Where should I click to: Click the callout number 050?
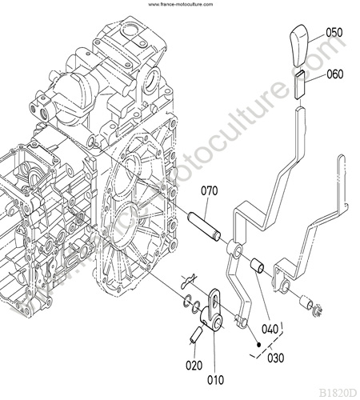pos(334,33)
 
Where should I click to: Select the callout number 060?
pos(335,74)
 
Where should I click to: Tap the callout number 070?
pos(210,191)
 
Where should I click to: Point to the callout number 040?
pos(270,329)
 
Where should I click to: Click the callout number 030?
pos(276,358)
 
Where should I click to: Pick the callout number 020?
pos(194,366)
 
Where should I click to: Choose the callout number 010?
pos(215,380)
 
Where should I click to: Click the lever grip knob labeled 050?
pos(298,46)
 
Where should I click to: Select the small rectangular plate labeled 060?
pos(300,85)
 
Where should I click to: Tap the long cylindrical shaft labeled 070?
pos(205,226)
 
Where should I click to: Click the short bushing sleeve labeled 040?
pos(258,266)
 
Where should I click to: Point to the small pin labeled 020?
pos(196,334)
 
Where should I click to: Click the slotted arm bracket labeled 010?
pos(212,310)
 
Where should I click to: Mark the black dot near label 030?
pos(258,345)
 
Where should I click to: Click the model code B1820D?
pos(338,393)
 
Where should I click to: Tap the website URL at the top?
pos(181,4)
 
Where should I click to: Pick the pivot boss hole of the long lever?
pos(238,251)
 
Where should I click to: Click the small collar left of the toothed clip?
pos(306,302)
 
